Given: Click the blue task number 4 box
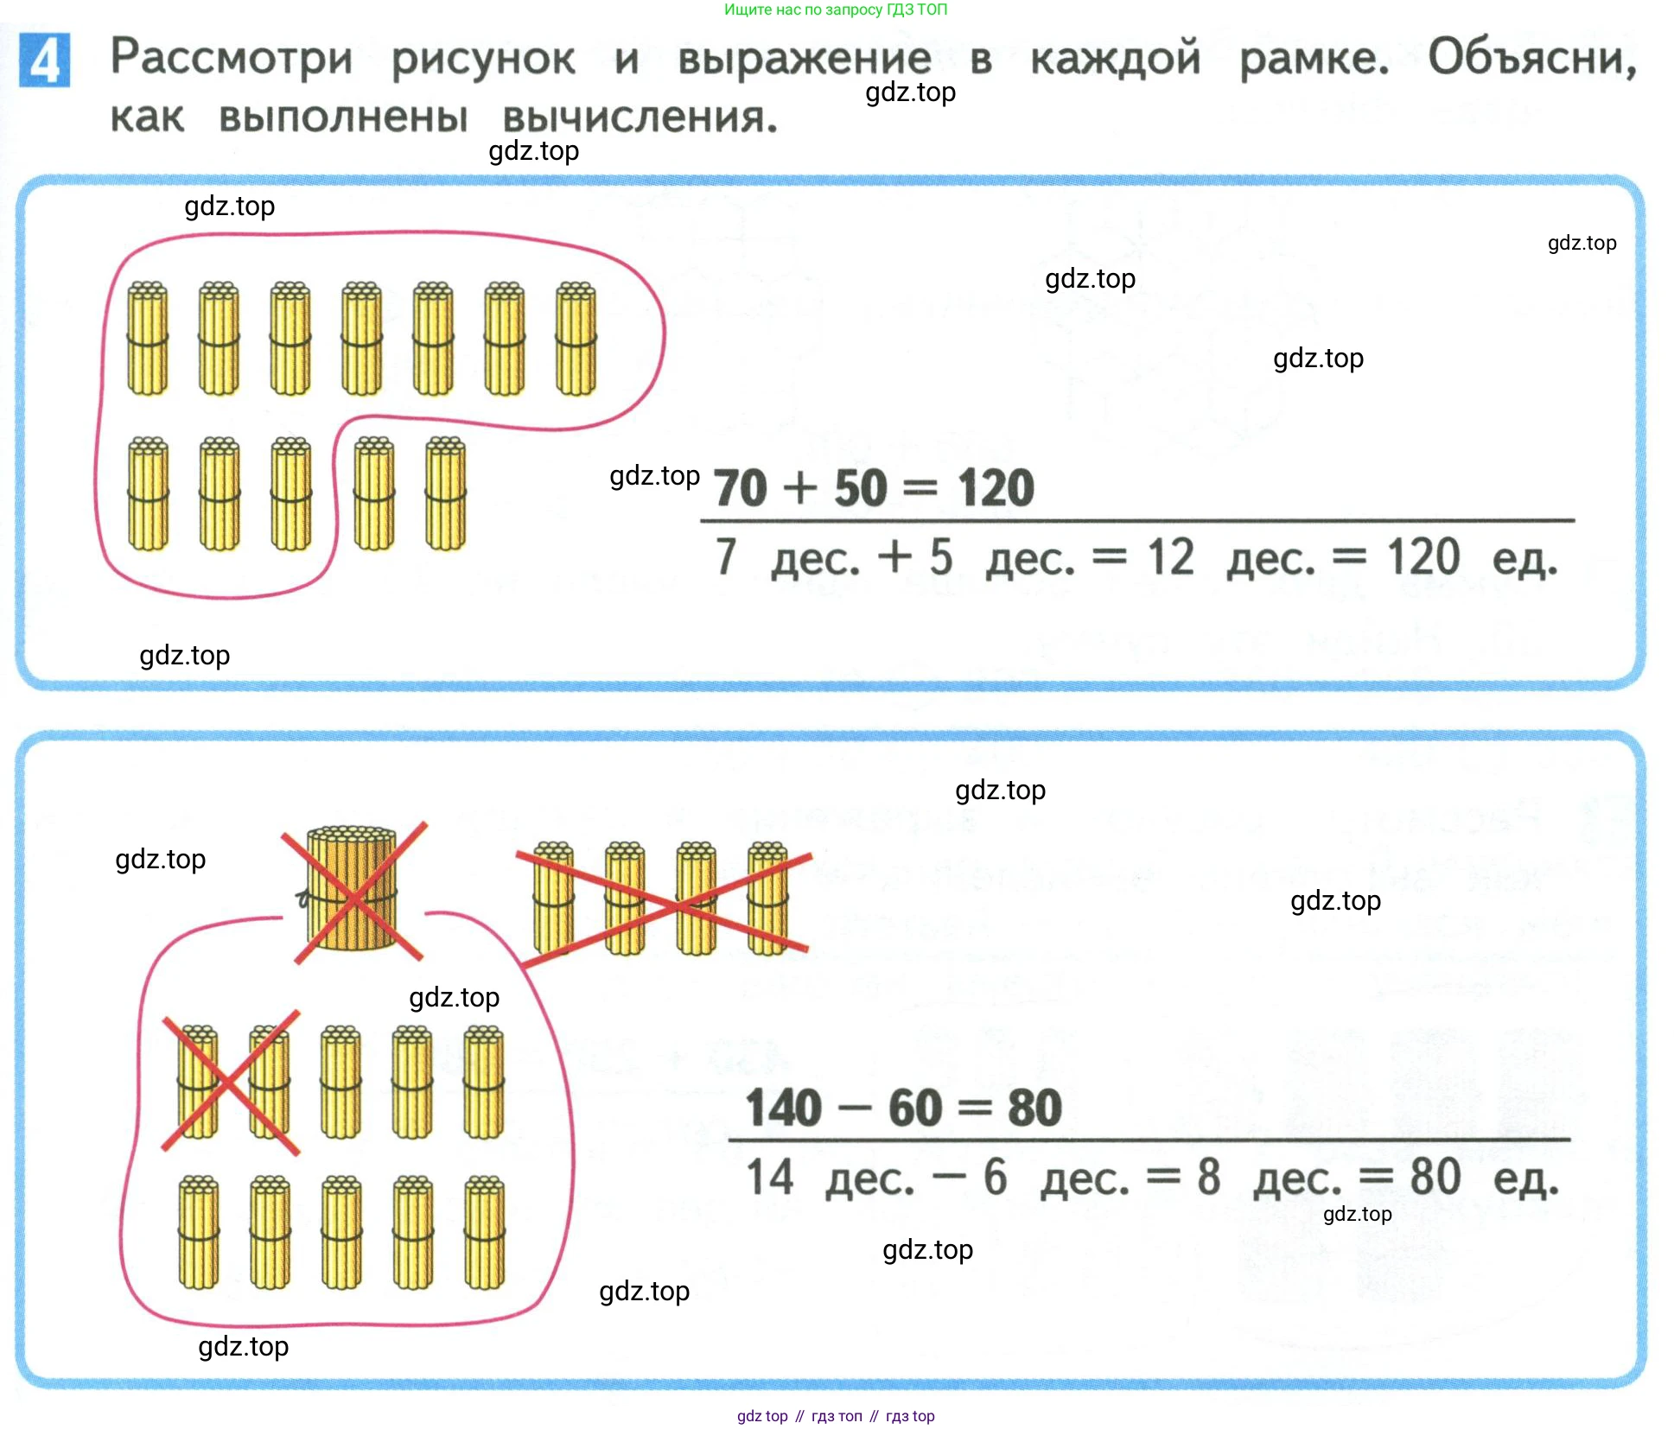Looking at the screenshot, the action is coord(44,60).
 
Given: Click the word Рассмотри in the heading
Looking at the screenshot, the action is coord(232,58).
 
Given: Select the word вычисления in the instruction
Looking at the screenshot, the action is coord(640,117).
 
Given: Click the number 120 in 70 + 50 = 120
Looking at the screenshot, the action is coord(996,488).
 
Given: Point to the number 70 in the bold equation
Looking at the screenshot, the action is coord(740,488).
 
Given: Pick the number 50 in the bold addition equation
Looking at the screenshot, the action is coord(861,488).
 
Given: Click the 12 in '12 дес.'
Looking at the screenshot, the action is coord(1171,557).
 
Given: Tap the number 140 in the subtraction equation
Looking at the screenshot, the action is coord(783,1108).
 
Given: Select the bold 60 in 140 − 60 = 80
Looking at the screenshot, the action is coord(915,1108).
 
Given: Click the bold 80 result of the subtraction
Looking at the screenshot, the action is coord(1034,1108).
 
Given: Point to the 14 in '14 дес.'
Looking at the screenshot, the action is coord(770,1177).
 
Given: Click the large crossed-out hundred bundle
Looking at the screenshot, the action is coord(352,888).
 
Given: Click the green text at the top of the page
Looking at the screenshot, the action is coord(836,10).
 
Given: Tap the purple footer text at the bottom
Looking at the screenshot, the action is coord(836,1416).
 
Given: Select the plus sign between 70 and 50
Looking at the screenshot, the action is coord(800,489).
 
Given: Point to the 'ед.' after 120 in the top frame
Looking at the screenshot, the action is coord(1525,559).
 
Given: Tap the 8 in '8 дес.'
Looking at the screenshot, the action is coord(1209,1177).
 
